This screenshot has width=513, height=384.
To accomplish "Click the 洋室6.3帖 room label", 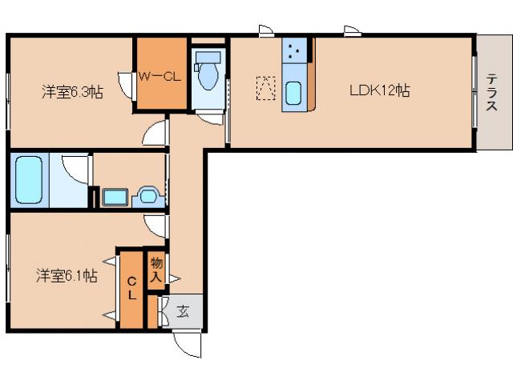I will pyautogui.click(x=72, y=91).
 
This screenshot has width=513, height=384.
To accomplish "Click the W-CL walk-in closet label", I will pyautogui.click(x=160, y=77).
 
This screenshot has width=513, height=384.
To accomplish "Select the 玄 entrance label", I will pyautogui.click(x=183, y=311).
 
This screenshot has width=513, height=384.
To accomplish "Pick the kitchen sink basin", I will pyautogui.click(x=293, y=94).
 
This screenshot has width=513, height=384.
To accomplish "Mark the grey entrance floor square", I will pyautogui.click(x=184, y=311).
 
